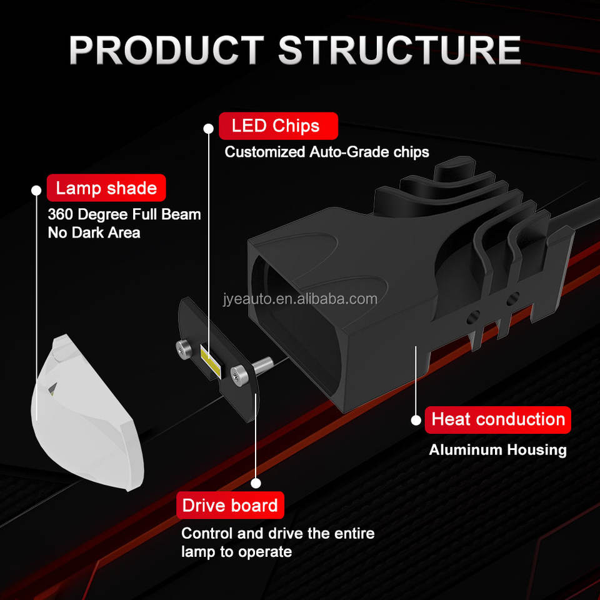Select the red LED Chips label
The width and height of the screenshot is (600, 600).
click(x=278, y=126)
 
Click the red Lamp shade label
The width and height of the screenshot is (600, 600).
click(x=106, y=187)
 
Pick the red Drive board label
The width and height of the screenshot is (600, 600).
click(x=230, y=505)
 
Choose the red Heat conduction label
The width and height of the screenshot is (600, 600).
click(x=497, y=419)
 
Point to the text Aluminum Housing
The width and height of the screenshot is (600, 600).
click(x=497, y=449)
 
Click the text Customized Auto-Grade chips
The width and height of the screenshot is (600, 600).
click(x=327, y=152)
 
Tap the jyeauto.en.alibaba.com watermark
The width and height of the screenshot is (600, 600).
click(x=300, y=299)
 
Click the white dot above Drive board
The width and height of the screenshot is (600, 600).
click(x=255, y=483)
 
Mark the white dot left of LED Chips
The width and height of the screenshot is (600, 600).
click(x=208, y=128)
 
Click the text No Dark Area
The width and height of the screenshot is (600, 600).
click(x=94, y=233)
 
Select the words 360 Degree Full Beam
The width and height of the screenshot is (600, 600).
click(x=124, y=214)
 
